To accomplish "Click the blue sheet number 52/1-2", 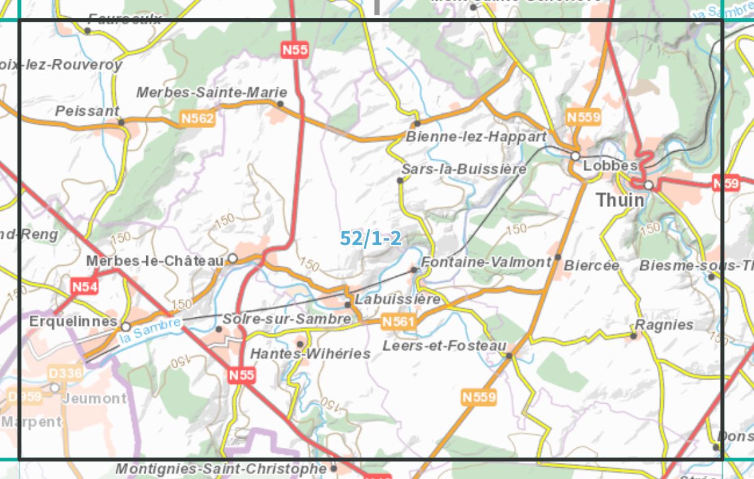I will tap(371, 238).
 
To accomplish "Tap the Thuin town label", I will tap(620, 200).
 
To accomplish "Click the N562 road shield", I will tap(197, 118).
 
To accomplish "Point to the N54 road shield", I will tap(84, 287).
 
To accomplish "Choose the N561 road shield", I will tap(398, 322).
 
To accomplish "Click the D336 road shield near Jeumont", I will tap(65, 373).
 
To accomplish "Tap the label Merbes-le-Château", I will tap(155, 261).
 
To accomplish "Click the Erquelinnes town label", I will tap(73, 322).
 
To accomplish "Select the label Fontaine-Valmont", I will tap(486, 263).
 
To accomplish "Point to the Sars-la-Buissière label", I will tap(463, 169).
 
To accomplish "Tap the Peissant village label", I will tap(87, 111).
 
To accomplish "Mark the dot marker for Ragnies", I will tap(633, 336).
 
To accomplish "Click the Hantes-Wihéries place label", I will tap(310, 353).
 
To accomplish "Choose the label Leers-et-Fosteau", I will tap(444, 346).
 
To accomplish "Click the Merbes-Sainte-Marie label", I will tap(203, 92).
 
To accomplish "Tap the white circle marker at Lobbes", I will tap(575, 156).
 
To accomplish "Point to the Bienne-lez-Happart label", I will tap(475, 136).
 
